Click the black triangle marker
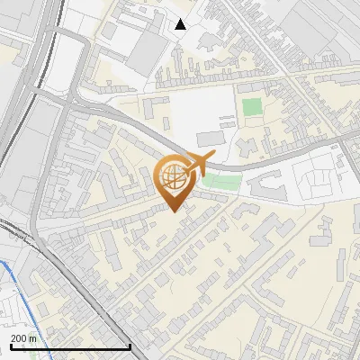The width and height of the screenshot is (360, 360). coord(181,24)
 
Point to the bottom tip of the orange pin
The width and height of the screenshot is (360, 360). coord(175,211)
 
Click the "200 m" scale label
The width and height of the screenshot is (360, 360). coord(24,338)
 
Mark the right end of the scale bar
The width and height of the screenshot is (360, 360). coord(130,346)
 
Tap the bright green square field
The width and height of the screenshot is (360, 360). coord(252,107)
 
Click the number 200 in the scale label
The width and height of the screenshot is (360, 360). coord(20,338)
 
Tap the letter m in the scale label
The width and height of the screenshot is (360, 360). coord(34,338)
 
